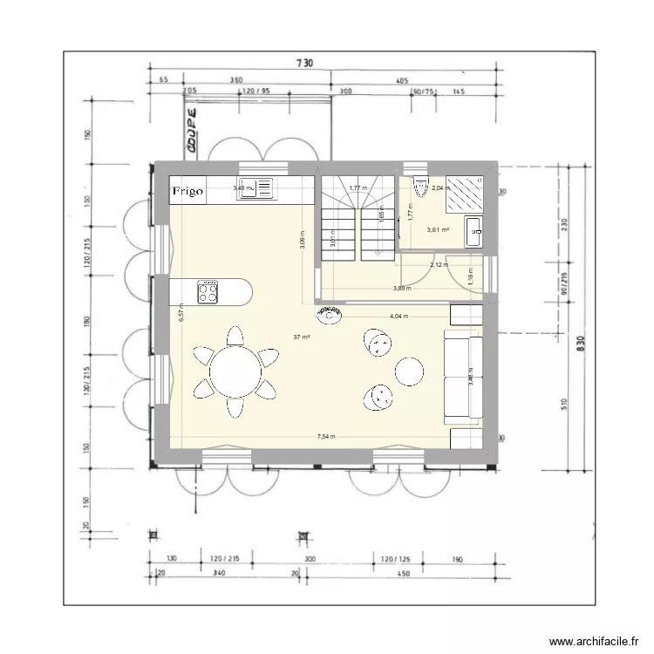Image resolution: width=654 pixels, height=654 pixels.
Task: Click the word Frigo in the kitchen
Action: click(x=187, y=190)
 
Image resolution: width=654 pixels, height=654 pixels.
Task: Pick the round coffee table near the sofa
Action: click(x=409, y=371)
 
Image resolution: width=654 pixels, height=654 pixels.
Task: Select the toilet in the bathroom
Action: click(x=421, y=184)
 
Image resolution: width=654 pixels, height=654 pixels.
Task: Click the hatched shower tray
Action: click(x=464, y=193)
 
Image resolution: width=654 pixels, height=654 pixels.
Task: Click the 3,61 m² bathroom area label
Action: click(x=437, y=230)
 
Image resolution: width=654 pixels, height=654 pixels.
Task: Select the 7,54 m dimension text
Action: click(x=327, y=437)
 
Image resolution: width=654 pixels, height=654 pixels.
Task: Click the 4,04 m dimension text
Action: click(x=399, y=317)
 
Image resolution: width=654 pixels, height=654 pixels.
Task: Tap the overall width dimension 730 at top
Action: click(x=303, y=63)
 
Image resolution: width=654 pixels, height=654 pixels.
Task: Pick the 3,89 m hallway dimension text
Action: click(x=401, y=289)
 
